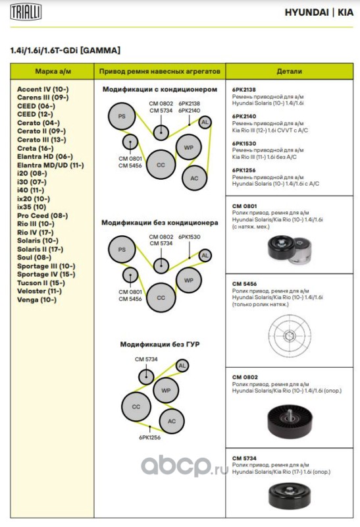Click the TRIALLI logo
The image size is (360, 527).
tap(26, 12)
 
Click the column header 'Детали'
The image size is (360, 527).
tap(289, 71)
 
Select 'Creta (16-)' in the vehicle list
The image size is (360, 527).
tap(36, 148)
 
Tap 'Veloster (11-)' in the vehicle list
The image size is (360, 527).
tap(39, 291)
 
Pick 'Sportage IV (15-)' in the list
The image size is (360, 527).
tap(46, 274)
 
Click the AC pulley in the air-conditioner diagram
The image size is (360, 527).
tap(194, 178)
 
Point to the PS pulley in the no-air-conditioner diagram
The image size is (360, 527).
tap(122, 250)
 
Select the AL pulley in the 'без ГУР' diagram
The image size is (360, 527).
tap(182, 366)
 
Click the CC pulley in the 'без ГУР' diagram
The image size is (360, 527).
tap(136, 406)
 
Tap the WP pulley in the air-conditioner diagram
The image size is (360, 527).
tap(189, 147)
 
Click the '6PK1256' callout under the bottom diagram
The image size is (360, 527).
tap(150, 437)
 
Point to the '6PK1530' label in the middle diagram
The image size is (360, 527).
tap(190, 237)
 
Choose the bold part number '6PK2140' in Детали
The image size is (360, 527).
tap(244, 117)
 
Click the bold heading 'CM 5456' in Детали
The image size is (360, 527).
tap(244, 284)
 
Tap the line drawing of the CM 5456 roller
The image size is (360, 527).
tap(289, 336)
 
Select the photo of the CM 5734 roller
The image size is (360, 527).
tap(290, 495)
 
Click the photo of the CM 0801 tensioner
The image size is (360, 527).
tap(289, 249)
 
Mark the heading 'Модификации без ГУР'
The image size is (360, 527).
tap(160, 344)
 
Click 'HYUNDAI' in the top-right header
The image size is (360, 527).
tap(307, 13)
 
